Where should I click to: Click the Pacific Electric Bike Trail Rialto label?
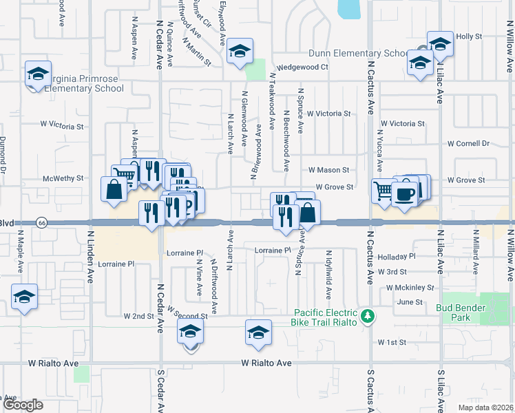tap(326, 317)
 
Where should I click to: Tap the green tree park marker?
tap(369, 316)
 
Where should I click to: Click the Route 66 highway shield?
tap(42, 223)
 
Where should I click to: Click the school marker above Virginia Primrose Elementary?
tap(39, 74)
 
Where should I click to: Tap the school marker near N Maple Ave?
tap(25, 297)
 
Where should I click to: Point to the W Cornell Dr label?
tap(467, 144)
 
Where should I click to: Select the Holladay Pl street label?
tap(397, 256)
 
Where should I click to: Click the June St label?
tap(410, 302)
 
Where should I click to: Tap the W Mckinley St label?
tap(410, 287)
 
